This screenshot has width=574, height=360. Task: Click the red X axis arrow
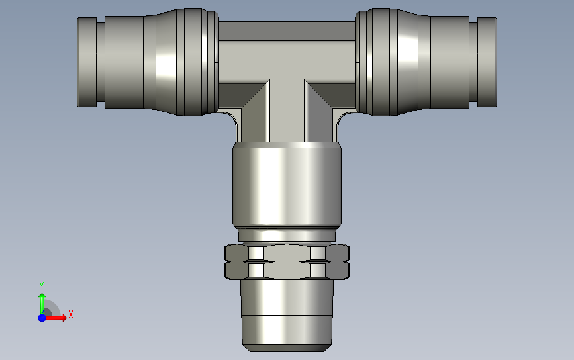56,318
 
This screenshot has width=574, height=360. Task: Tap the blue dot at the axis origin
42,318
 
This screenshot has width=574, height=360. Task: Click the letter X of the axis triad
71,314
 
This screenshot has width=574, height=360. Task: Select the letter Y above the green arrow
41,286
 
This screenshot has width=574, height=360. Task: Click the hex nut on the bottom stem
287,261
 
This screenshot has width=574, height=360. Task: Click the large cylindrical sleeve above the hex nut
287,184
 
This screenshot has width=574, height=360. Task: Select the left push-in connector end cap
87,62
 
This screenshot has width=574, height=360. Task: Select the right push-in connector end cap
487,62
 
